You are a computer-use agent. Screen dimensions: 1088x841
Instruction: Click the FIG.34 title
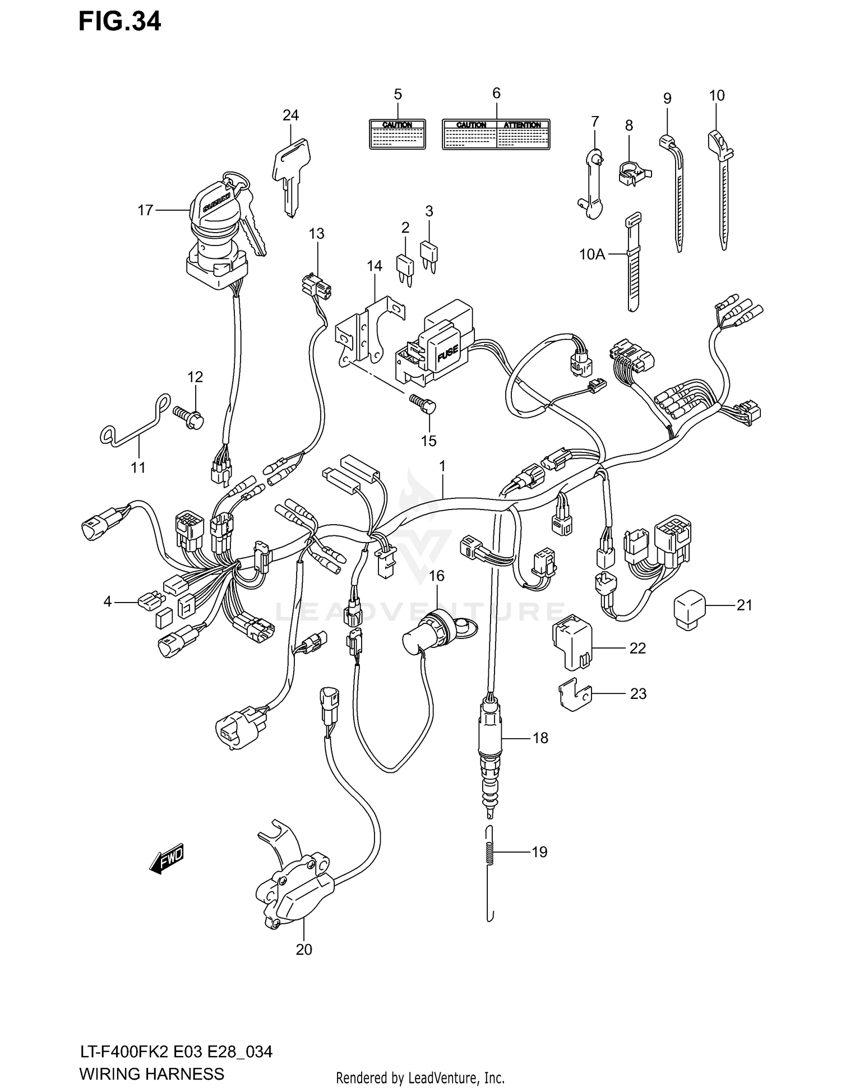click(119, 22)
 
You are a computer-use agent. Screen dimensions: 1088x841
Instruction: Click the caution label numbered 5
click(397, 134)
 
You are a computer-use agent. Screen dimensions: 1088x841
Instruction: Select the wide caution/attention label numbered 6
click(496, 134)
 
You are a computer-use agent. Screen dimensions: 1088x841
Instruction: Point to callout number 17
click(145, 210)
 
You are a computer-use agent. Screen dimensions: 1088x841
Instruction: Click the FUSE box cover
click(447, 351)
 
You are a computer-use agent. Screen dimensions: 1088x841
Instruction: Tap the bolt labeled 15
click(425, 408)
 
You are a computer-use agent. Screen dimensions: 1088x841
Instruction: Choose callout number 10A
click(592, 254)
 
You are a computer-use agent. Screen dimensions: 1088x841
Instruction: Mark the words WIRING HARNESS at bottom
click(151, 1074)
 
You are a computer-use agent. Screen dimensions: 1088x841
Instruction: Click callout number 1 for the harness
click(442, 466)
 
